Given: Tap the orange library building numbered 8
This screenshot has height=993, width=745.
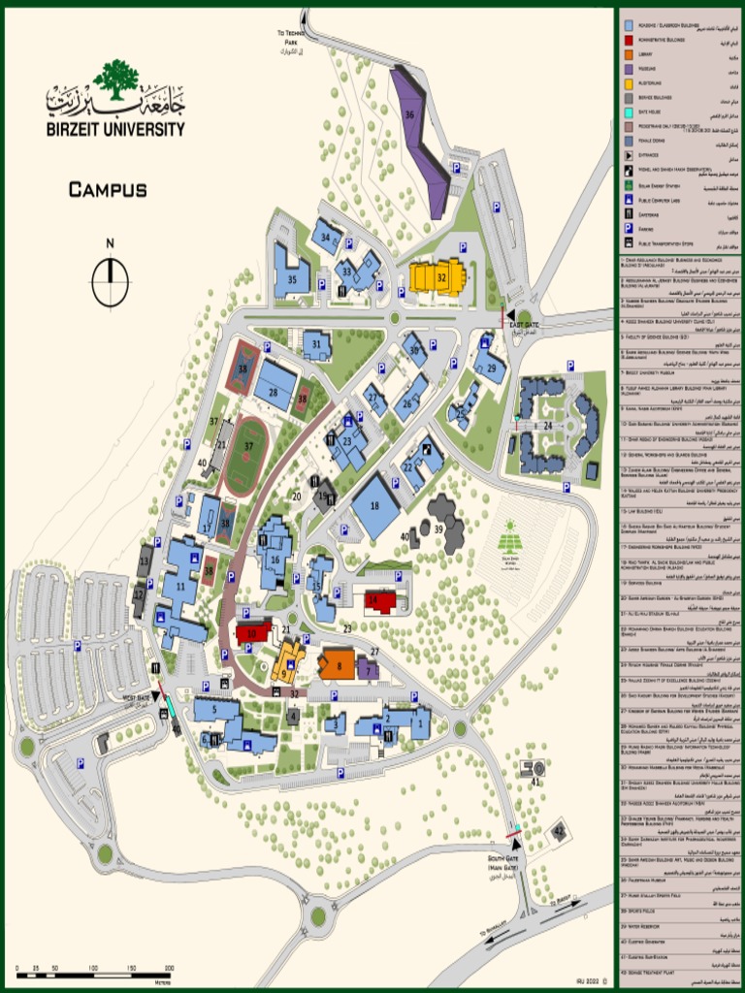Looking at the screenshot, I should (x=338, y=664).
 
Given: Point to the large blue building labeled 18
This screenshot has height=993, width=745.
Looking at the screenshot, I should (x=375, y=506).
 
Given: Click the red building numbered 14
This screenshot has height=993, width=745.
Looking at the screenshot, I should (x=379, y=601).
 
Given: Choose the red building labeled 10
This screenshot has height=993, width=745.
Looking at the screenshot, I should (x=253, y=633).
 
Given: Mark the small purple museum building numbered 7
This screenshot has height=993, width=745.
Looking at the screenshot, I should (x=368, y=668).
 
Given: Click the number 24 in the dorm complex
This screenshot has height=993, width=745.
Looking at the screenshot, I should (x=548, y=426).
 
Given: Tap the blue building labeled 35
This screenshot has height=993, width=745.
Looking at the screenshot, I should (x=290, y=272).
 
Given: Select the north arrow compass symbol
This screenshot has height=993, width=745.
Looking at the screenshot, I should (x=111, y=282).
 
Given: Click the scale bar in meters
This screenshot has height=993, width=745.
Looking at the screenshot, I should (x=95, y=969).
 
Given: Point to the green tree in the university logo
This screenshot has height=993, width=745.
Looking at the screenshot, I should (x=116, y=80).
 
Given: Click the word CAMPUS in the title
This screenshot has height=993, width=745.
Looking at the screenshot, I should (x=108, y=190).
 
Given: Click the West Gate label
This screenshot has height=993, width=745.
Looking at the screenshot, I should (x=137, y=696).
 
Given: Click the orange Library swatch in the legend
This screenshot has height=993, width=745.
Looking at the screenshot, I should (x=631, y=54).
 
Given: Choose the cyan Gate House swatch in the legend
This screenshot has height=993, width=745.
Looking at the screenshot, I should (x=631, y=112).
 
